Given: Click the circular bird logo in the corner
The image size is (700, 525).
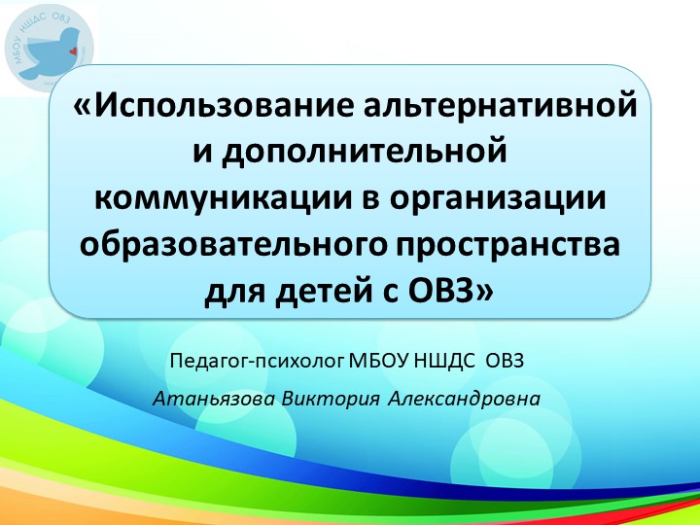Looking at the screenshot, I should pyautogui.click(x=50, y=46).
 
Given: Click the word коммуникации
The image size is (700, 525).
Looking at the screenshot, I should pyautogui.click(x=213, y=198).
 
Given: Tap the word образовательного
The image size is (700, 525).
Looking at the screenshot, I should pyautogui.click(x=231, y=245).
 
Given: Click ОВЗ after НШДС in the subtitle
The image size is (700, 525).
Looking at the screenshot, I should pyautogui.click(x=505, y=363).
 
